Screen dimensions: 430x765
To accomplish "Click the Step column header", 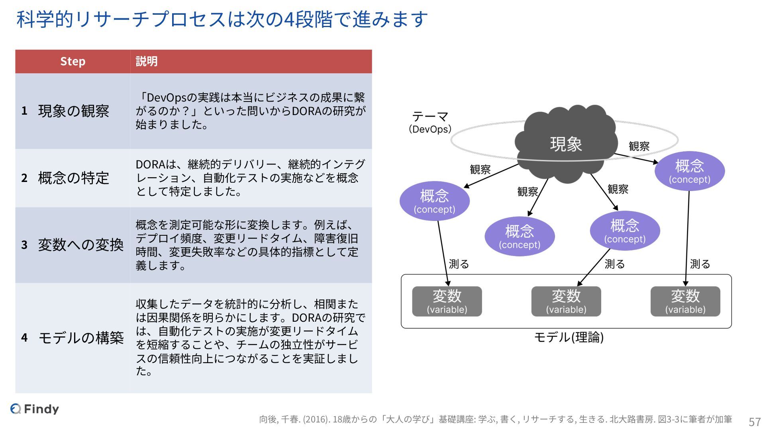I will (x=73, y=61).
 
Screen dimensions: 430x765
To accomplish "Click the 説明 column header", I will (x=147, y=61).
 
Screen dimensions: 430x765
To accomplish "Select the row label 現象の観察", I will (x=74, y=111).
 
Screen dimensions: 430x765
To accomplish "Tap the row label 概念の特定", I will (x=74, y=178).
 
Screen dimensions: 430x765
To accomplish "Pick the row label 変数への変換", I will (x=81, y=245).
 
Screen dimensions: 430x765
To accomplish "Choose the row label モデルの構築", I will (x=81, y=338).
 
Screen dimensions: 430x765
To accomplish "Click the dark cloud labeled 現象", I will (x=566, y=144).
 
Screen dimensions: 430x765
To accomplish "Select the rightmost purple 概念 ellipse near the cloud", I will (x=689, y=170).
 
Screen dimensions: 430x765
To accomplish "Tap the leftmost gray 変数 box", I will (x=447, y=301).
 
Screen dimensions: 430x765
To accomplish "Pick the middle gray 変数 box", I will (x=566, y=301).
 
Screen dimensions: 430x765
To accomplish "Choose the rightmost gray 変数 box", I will (x=685, y=301).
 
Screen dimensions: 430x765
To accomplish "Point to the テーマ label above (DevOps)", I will (x=430, y=116).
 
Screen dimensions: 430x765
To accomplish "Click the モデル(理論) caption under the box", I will (x=569, y=337).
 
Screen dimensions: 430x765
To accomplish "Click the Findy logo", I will (x=35, y=408).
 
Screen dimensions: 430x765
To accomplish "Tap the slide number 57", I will (x=755, y=421).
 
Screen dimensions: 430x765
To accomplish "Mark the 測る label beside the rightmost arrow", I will (x=700, y=264).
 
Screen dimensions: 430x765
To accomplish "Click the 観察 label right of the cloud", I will (x=639, y=146).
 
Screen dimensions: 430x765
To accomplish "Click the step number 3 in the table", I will (x=24, y=244).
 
